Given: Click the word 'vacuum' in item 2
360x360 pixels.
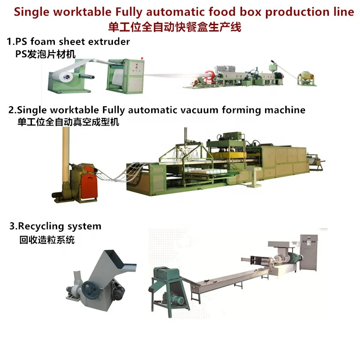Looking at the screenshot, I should point(203,110).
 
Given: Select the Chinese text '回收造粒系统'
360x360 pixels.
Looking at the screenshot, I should point(47,240).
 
